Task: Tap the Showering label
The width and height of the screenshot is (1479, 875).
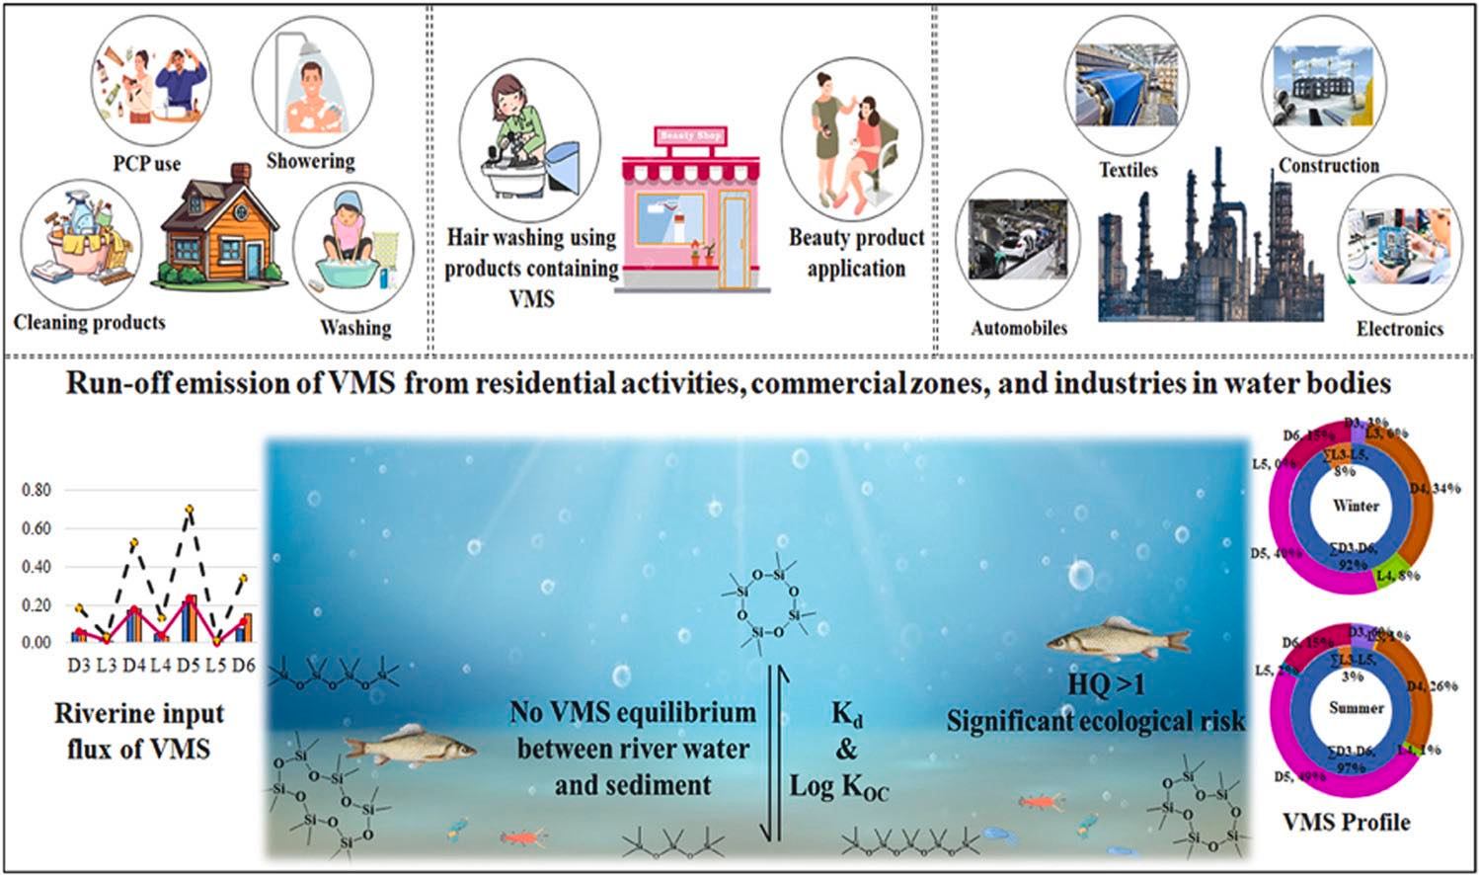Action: pyautogui.click(x=310, y=161)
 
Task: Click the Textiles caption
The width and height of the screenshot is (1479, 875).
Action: pyautogui.click(x=1129, y=170)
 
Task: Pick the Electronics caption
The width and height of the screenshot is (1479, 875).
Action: pyautogui.click(x=1399, y=329)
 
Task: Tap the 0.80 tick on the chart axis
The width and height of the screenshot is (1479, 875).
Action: pyautogui.click(x=37, y=490)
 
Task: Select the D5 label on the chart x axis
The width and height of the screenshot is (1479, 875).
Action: pyautogui.click(x=189, y=666)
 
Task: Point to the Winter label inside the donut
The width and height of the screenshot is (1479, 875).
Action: pyautogui.click(x=1356, y=506)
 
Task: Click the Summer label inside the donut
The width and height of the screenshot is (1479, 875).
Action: pyautogui.click(x=1356, y=708)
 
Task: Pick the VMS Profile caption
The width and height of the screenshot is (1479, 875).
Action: pyautogui.click(x=1346, y=822)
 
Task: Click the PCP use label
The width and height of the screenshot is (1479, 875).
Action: pyautogui.click(x=147, y=162)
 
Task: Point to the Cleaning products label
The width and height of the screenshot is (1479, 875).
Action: pyautogui.click(x=90, y=322)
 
